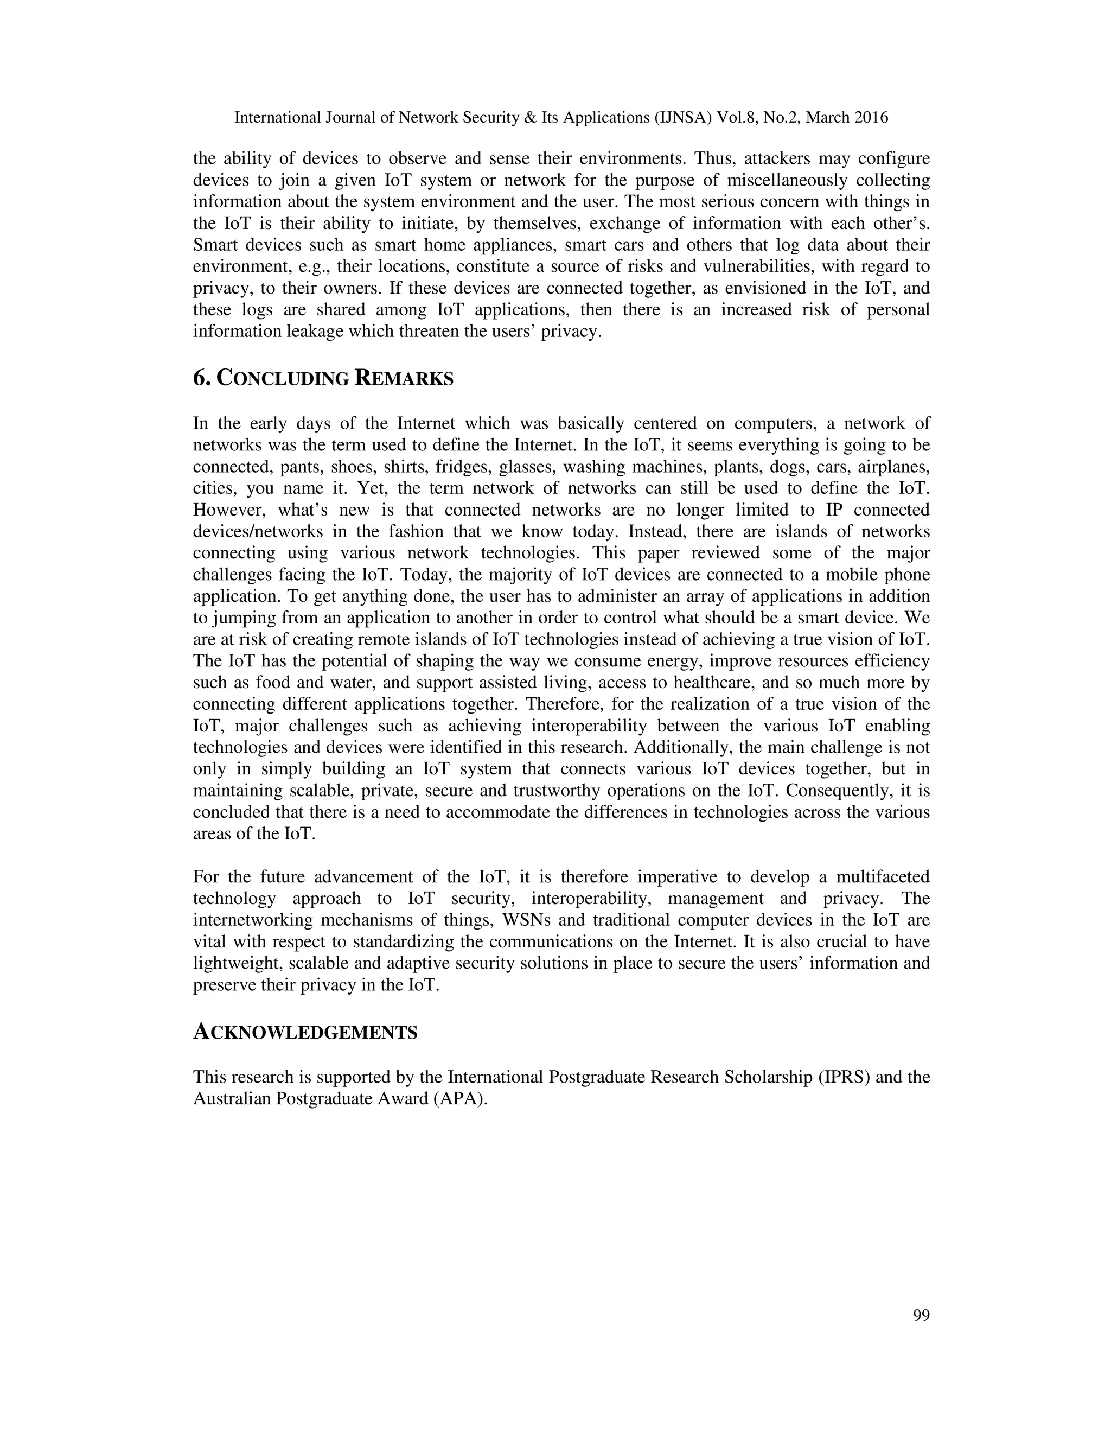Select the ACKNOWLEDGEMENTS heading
coord(305,1033)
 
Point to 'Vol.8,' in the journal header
coord(738,118)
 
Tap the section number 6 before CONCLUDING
coord(200,379)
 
